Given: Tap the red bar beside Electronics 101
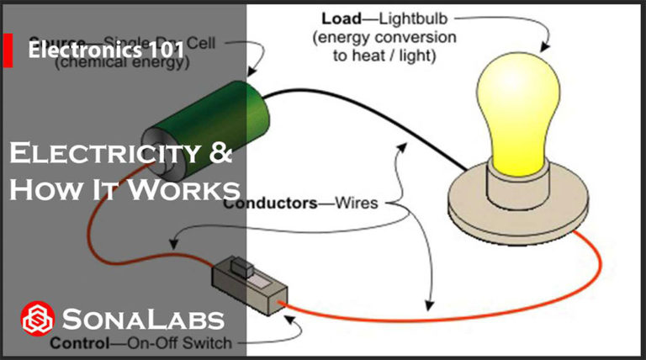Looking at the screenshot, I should click(x=8, y=50).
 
